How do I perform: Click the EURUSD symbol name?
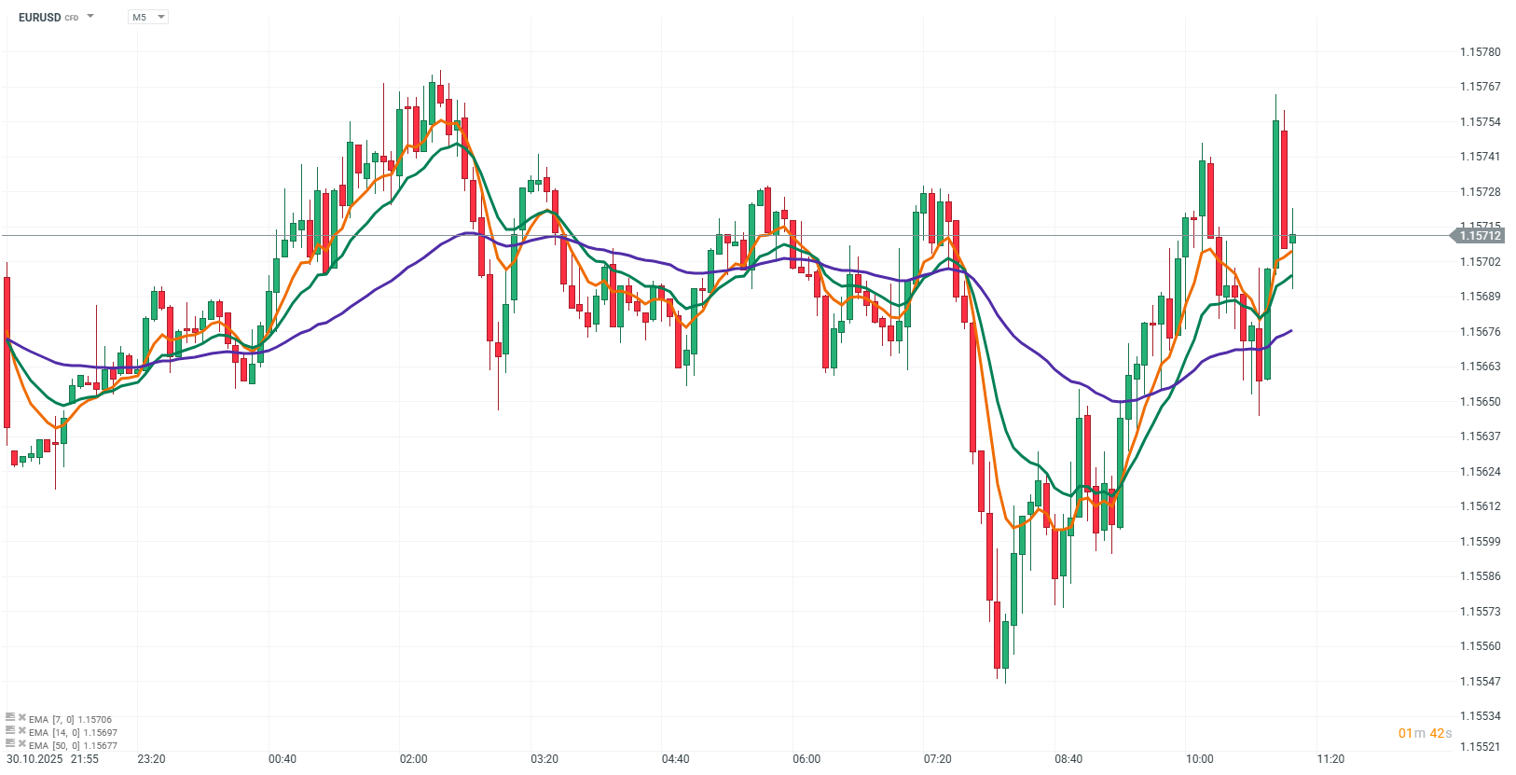39,17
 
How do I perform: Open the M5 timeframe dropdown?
147,17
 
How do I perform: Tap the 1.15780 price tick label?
1480,52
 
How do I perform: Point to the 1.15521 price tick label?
1480,747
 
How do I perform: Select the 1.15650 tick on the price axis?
1480,402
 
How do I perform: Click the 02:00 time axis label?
413,759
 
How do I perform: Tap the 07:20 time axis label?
937,759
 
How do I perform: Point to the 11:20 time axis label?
1330,759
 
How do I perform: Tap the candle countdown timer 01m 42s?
1425,733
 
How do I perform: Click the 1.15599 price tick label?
1480,542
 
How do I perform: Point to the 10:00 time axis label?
1199,759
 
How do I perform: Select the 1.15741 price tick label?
1480,157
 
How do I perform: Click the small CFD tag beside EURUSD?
72,18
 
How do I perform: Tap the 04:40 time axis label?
675,759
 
